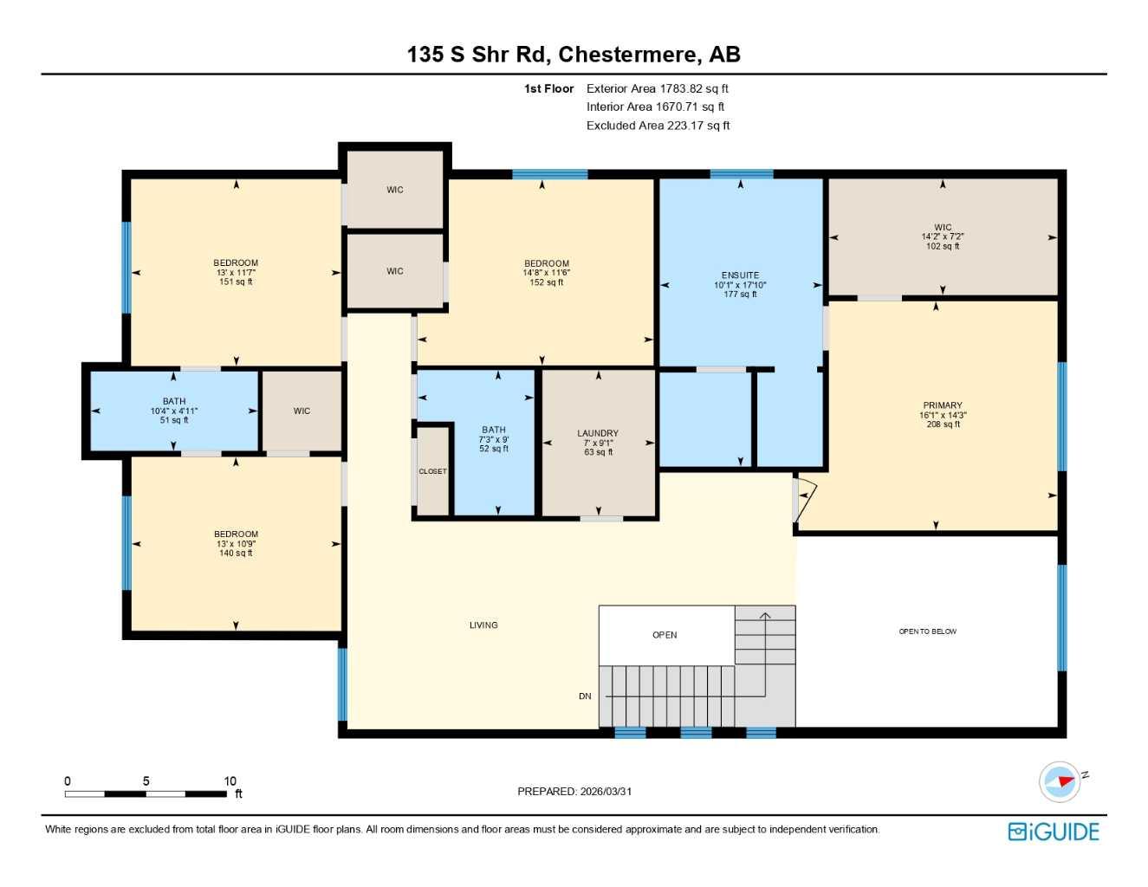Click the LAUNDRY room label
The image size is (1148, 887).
point(598,433)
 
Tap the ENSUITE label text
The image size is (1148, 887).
point(740,275)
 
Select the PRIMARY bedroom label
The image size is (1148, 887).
point(943,405)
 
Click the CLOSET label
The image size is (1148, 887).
point(432,471)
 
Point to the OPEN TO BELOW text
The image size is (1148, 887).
point(928,631)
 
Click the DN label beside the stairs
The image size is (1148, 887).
point(585,696)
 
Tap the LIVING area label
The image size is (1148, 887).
point(483,625)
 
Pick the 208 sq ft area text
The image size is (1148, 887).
point(943,424)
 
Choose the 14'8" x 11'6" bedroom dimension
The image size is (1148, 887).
point(546,273)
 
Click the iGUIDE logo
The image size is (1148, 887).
point(1054,832)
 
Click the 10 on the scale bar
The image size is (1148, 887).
point(230,780)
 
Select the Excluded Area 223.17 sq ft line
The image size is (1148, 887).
point(658,126)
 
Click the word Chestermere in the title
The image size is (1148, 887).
point(627,55)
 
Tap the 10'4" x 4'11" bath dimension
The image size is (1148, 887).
point(174,411)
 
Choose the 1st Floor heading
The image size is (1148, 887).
point(549,88)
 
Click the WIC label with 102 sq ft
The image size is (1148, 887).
point(943,228)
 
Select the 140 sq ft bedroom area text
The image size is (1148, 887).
point(236,553)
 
